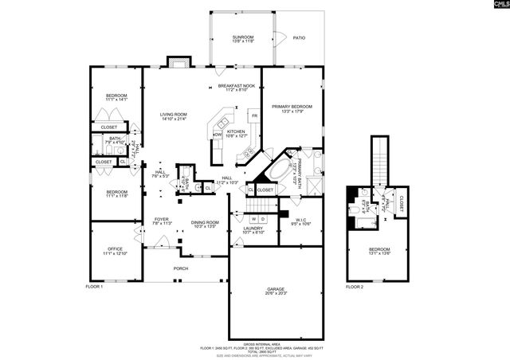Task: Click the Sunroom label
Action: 242,37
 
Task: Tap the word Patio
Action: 299,37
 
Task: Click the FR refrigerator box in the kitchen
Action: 254,116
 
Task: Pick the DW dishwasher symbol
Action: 217,135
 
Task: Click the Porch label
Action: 182,268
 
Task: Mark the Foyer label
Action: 162,220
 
